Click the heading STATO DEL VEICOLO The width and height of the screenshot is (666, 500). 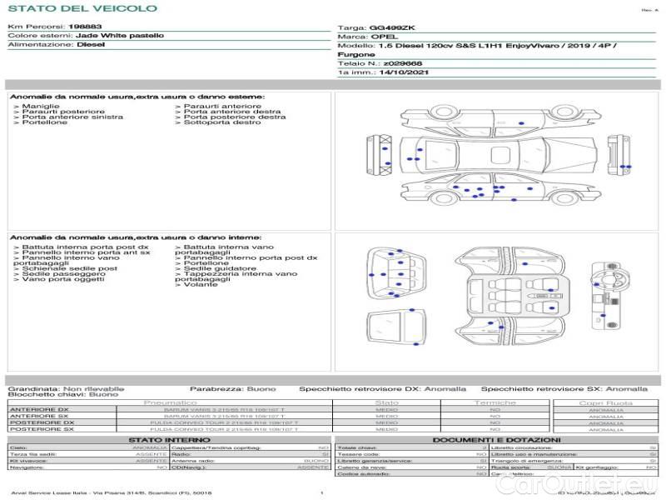82,8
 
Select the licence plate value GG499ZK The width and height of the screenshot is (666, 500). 396,27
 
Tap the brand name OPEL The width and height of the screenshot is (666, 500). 384,37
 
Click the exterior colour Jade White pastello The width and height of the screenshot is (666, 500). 120,36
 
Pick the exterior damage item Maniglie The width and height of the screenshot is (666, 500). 40,107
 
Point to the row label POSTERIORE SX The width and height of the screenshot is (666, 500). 40,429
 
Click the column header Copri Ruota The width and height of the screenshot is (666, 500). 606,402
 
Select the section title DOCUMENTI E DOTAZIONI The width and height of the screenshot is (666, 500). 496,439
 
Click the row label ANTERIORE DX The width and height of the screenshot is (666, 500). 39,409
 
